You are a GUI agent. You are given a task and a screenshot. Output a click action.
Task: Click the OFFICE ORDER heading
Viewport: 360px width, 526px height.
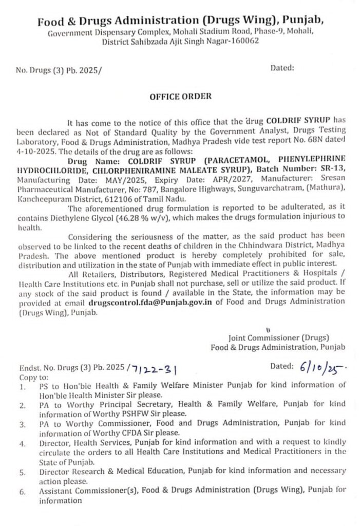[180, 96]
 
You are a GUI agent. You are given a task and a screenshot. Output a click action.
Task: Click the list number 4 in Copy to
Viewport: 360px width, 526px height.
[22, 442]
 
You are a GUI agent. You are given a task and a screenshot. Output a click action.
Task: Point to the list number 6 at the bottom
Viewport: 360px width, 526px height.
[22, 492]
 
